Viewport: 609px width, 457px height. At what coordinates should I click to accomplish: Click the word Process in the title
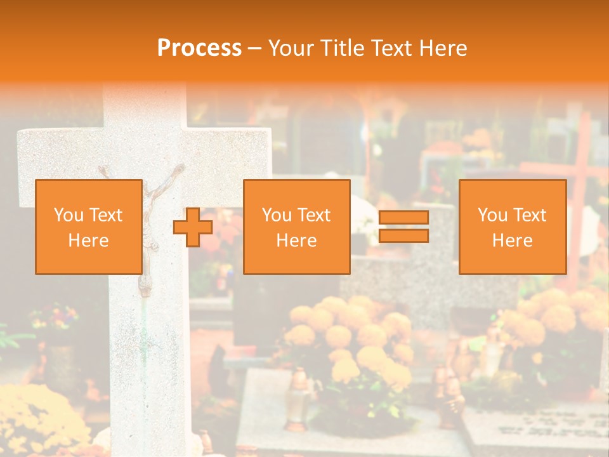click(x=199, y=48)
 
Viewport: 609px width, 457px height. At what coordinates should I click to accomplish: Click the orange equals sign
click(x=403, y=227)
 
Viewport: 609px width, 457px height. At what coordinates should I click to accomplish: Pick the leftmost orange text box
click(x=88, y=227)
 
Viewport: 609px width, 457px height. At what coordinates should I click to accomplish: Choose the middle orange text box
click(x=296, y=227)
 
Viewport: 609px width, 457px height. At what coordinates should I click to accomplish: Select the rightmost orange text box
click(x=512, y=227)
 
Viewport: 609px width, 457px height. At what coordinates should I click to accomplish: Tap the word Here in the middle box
click(x=296, y=241)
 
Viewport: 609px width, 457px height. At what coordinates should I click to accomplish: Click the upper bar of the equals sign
click(x=403, y=218)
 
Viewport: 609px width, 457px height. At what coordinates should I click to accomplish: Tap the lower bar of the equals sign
click(x=403, y=236)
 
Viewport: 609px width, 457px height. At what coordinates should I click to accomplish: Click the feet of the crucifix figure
click(x=146, y=289)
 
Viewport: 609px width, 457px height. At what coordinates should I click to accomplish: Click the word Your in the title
click(x=289, y=48)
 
